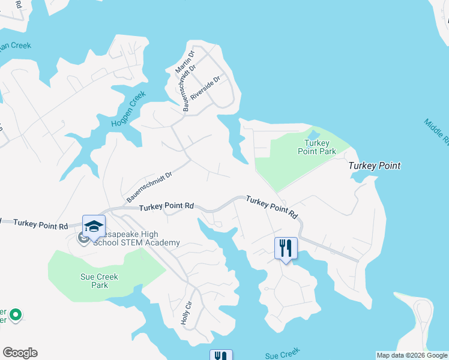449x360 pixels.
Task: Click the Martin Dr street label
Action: click(182, 63)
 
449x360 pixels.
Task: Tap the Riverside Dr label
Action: click(205, 88)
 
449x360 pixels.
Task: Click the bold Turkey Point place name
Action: click(375, 166)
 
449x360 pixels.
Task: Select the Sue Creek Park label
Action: click(99, 281)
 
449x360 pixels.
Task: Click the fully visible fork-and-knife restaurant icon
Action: click(286, 247)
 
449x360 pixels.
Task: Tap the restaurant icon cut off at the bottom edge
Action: click(221, 355)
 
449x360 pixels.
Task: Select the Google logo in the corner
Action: click(20, 353)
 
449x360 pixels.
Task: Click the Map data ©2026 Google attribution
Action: click(412, 355)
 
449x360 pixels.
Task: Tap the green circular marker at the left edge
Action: click(16, 314)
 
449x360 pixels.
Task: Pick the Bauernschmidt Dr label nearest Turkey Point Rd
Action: click(149, 187)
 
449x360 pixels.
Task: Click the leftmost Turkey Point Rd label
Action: click(40, 224)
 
